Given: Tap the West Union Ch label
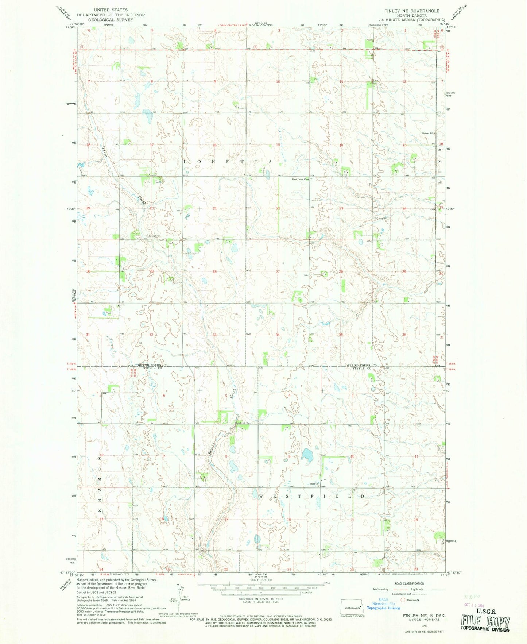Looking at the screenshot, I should click(299, 179).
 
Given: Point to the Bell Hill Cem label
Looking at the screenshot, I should click(243, 423).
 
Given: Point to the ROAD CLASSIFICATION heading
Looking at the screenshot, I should click(409, 583).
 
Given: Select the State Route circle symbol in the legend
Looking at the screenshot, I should click(403, 599).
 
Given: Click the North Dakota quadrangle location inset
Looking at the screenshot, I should click(352, 606).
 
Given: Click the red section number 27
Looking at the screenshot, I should click(278, 272).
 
